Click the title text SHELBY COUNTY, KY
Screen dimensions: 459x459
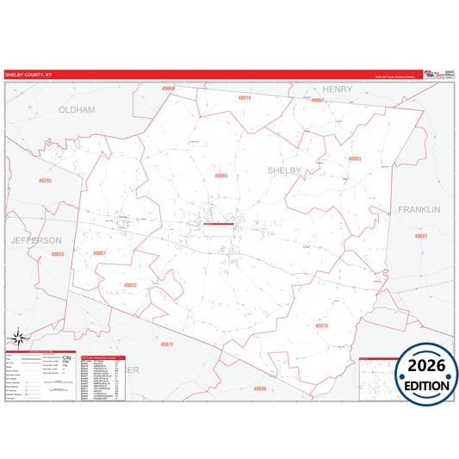(x=28, y=75)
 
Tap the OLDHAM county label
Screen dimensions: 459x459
(x=78, y=110)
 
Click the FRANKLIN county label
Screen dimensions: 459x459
(x=419, y=209)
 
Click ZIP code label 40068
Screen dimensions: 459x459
(x=167, y=90)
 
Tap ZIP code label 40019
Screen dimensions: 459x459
(x=244, y=98)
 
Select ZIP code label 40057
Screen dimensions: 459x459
(x=317, y=101)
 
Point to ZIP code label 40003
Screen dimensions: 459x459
(x=355, y=158)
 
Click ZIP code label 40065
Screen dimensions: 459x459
(x=221, y=176)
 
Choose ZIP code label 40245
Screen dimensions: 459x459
(x=46, y=181)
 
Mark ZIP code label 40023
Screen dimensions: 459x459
(x=58, y=254)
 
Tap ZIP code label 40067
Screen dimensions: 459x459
(x=98, y=252)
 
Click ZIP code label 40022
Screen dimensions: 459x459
(x=130, y=284)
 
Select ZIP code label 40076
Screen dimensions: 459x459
(x=322, y=326)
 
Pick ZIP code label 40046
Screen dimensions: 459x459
(x=260, y=388)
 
